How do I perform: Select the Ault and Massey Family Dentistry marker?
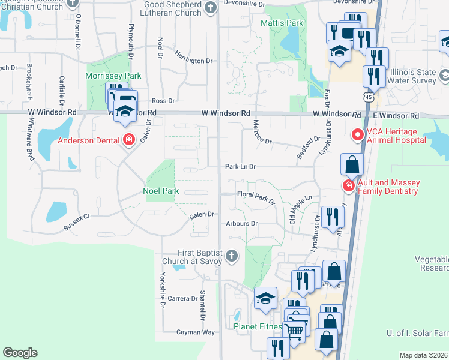pos(348,186)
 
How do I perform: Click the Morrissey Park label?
pos(113,76)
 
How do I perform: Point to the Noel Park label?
pos(161,191)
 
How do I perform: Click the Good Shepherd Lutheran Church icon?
pos(210,7)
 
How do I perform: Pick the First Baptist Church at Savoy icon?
pos(232,257)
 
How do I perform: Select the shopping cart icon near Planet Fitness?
pos(294,329)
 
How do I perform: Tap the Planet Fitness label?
pos(258,328)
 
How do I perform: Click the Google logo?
pos(20,353)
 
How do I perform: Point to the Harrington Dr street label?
pos(194,61)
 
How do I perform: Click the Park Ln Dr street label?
pos(241,167)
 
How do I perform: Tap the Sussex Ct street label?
pos(78,223)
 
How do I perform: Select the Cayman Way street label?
pos(196,332)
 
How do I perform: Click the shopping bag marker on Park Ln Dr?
pos(352,164)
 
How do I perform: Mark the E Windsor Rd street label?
pos(396,115)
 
